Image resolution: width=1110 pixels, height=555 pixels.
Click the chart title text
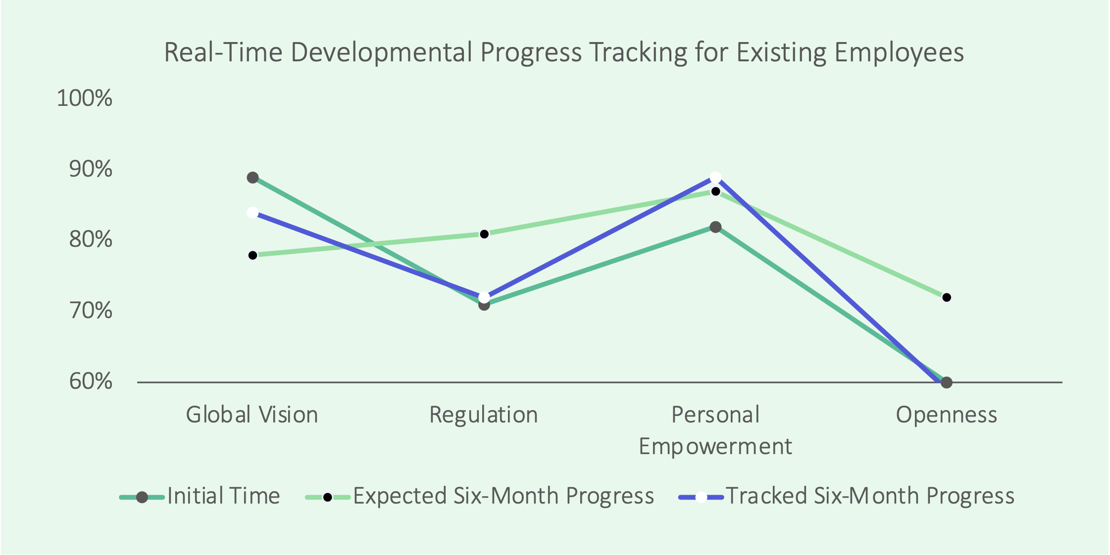(564, 52)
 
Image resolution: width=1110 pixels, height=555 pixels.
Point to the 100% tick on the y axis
(85, 98)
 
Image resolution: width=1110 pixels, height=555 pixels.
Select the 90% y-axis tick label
(91, 169)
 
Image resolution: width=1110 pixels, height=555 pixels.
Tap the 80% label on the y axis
(91, 240)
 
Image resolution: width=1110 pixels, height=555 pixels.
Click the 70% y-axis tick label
(91, 311)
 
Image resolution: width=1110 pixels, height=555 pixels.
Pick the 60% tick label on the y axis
(91, 382)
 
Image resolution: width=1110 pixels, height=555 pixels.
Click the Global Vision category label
(252, 415)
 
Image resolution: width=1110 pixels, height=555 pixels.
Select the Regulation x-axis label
(484, 415)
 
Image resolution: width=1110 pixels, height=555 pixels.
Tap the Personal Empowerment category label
(715, 430)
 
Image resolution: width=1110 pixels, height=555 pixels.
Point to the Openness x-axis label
(947, 415)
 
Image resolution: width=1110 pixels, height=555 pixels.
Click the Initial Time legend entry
(200, 496)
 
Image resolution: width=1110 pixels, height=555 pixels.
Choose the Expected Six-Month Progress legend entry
(480, 496)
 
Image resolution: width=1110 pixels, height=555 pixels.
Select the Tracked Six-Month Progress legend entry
(846, 496)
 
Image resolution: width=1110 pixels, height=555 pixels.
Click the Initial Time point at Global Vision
(252, 178)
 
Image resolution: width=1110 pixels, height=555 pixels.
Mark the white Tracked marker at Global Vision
(252, 213)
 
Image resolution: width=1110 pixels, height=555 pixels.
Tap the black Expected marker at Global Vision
(252, 255)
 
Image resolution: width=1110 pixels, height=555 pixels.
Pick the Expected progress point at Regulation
(484, 234)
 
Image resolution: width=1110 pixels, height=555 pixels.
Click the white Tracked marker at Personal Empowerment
(715, 178)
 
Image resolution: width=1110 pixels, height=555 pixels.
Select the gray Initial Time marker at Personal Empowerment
(715, 227)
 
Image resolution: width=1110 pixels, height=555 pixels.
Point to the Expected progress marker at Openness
(947, 297)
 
